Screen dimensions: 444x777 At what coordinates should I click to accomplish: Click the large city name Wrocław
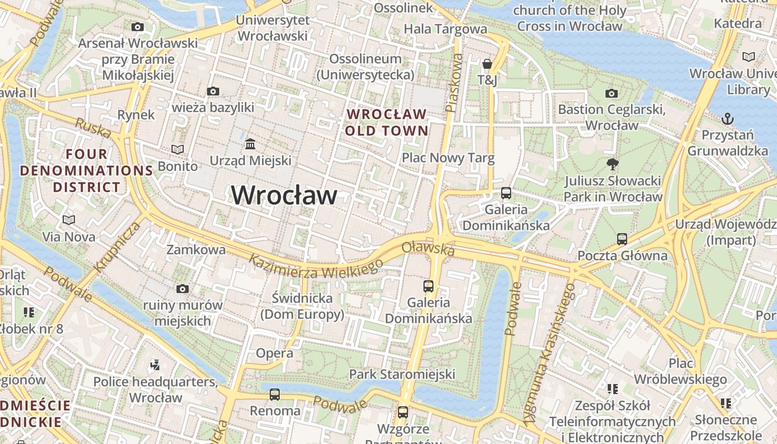[x=284, y=195]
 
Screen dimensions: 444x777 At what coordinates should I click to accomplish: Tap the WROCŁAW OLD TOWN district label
[x=387, y=123]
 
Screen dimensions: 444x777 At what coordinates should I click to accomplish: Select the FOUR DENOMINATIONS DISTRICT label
[x=86, y=170]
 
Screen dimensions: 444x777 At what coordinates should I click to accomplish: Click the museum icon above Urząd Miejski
[x=250, y=144]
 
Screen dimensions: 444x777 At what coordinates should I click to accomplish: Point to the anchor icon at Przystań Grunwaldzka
[x=727, y=118]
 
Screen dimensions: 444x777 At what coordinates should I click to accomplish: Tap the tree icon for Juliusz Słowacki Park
[x=613, y=164]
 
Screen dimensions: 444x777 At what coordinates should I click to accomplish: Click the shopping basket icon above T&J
[x=487, y=64]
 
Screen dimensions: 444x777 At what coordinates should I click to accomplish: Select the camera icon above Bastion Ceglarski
[x=612, y=93]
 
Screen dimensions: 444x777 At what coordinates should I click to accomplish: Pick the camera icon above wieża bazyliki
[x=213, y=91]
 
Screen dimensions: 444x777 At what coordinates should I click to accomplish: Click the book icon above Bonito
[x=178, y=149]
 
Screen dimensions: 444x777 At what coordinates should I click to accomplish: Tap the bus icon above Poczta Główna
[x=622, y=239]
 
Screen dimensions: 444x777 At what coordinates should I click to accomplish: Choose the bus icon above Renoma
[x=275, y=395]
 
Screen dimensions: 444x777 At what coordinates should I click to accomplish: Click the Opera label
[x=274, y=353]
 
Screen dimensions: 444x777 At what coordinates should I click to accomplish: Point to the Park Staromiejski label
[x=402, y=374]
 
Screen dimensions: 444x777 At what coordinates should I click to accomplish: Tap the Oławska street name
[x=428, y=249]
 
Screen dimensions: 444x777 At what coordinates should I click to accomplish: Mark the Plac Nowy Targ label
[x=448, y=158]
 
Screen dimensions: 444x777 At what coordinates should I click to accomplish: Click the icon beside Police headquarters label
[x=155, y=365]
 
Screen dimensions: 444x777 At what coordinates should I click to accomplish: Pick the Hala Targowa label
[x=445, y=29]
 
